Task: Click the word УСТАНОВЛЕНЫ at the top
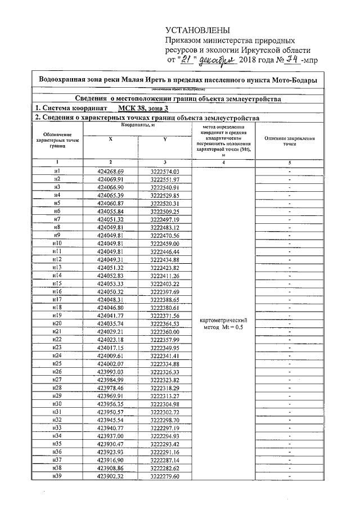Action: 197,30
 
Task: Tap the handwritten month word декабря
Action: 216,60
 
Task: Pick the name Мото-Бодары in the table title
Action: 295,80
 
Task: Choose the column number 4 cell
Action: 223,161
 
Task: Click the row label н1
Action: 57,171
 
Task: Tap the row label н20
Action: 57,323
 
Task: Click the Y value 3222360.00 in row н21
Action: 164,331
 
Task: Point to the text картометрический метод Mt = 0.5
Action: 223,324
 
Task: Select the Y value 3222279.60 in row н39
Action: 164,476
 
